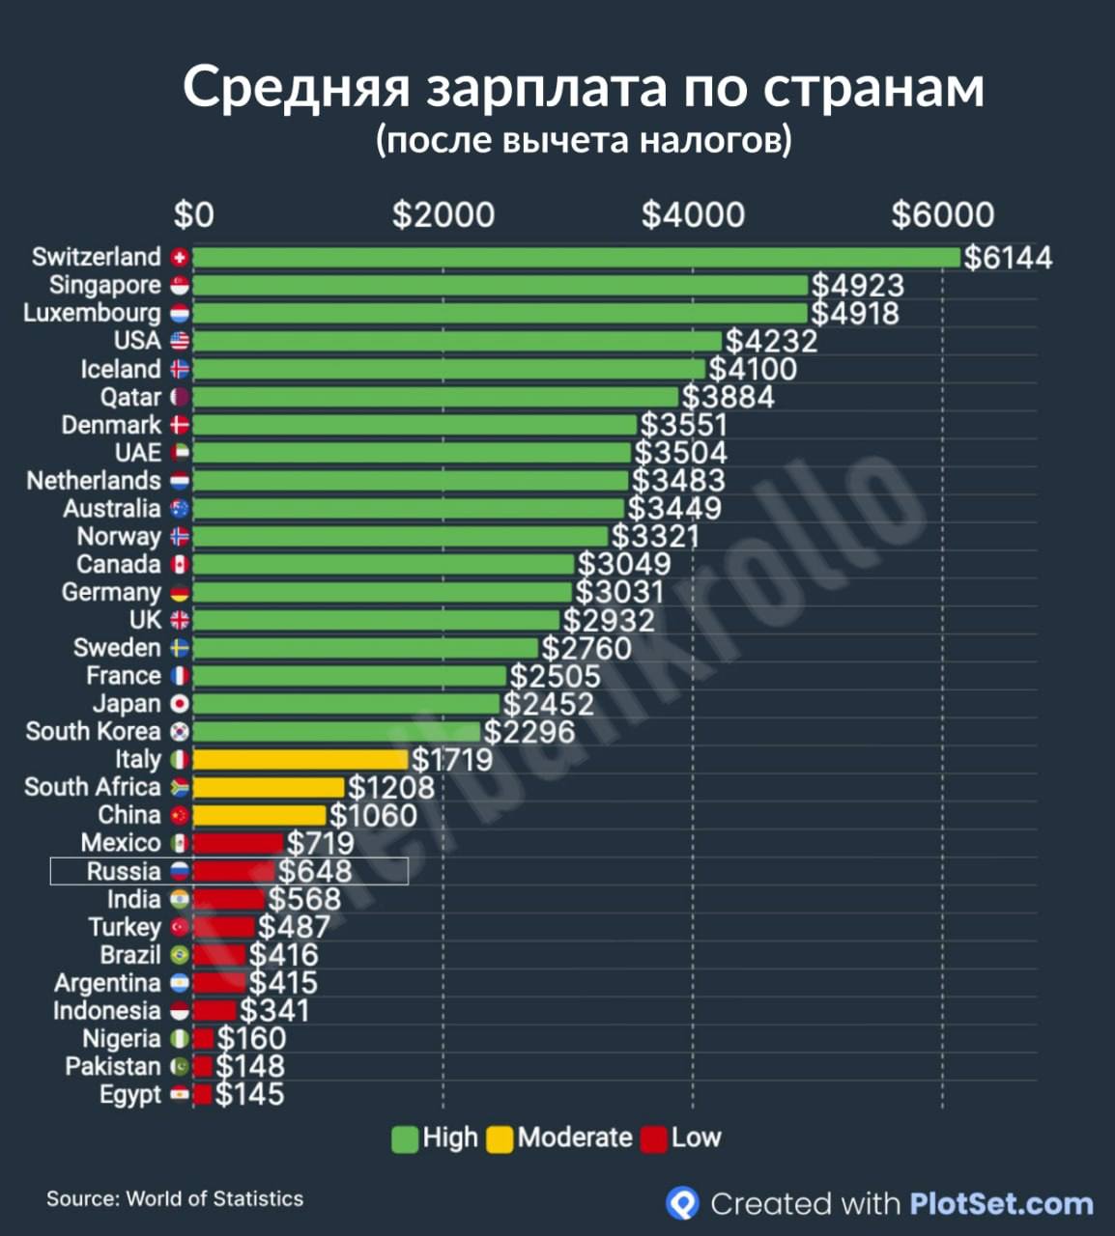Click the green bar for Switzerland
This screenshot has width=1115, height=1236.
point(576,258)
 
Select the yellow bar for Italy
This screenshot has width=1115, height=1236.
point(300,760)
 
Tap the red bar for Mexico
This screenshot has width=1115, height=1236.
point(238,843)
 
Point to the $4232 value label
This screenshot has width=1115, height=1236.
point(771,341)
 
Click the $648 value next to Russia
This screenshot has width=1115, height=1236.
point(315,871)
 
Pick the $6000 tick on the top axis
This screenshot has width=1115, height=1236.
point(942,214)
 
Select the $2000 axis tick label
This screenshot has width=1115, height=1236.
point(443,214)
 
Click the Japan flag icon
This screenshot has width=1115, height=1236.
point(180,704)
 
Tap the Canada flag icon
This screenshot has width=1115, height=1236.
point(180,565)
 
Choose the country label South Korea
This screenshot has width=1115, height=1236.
point(93,732)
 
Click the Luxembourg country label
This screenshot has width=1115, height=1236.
point(93,313)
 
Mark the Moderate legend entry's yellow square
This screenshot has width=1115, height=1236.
point(500,1138)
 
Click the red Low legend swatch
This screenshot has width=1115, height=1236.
point(654,1138)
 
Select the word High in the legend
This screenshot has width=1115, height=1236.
point(450,1138)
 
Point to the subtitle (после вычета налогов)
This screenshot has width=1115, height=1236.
point(584,140)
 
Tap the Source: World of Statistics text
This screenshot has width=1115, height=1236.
point(175,1198)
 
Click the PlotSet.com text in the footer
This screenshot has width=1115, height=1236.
point(1001,1204)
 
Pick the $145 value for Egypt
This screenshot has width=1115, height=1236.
point(249,1095)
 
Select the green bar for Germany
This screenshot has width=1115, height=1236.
point(383,593)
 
